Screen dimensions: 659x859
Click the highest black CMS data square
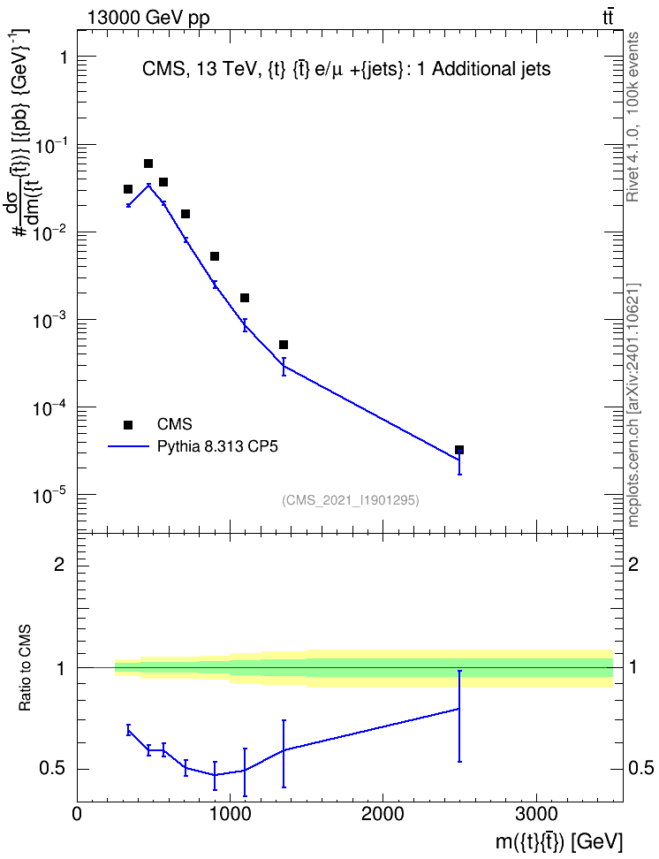(x=148, y=163)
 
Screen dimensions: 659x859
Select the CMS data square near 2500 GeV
(x=459, y=450)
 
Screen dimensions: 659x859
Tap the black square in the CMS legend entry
(x=127, y=424)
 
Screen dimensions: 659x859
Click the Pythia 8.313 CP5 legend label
(x=217, y=446)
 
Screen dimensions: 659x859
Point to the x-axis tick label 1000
(x=230, y=815)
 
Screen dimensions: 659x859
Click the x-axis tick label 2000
(x=383, y=815)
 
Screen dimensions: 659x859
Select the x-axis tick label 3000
(x=535, y=815)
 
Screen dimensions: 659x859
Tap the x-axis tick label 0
(x=77, y=815)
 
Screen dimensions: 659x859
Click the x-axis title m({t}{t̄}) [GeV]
(x=559, y=841)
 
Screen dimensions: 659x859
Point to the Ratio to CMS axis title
(x=25, y=667)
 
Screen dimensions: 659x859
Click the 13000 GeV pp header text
(x=148, y=18)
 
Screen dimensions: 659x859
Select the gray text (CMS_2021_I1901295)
(x=351, y=500)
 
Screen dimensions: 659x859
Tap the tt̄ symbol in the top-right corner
(x=608, y=18)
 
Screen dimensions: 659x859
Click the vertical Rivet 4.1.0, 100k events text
(x=632, y=117)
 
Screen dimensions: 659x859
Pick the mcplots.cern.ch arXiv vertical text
(x=632, y=405)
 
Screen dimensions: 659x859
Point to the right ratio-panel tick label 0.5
(x=640, y=769)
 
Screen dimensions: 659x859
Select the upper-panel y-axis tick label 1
(x=63, y=57)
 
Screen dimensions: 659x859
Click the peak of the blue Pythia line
(x=148, y=186)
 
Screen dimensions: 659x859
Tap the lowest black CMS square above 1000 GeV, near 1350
(x=284, y=345)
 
